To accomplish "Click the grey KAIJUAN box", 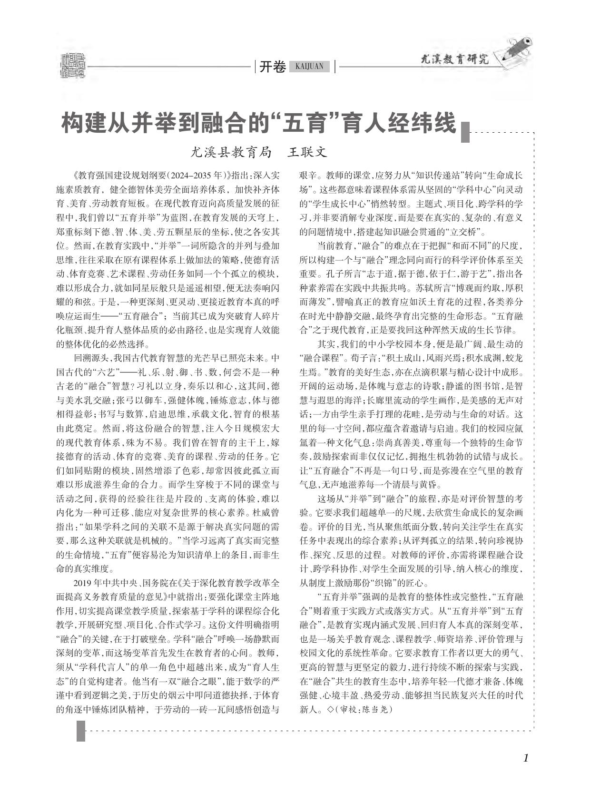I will [x=309, y=67].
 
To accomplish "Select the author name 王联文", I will [x=308, y=152].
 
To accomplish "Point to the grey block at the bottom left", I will [x=81, y=731].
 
